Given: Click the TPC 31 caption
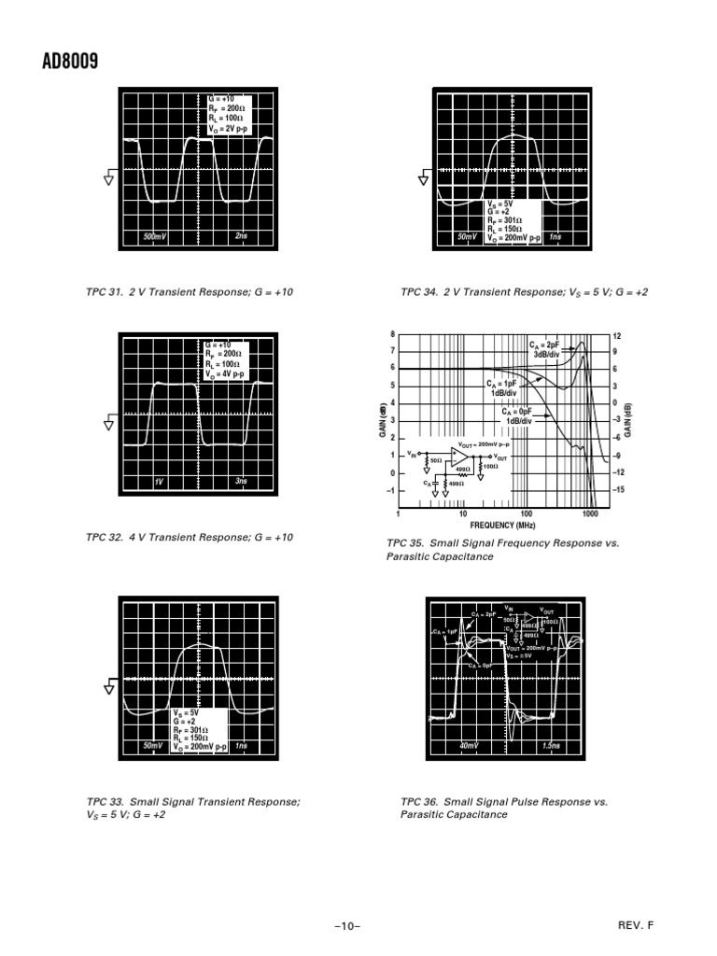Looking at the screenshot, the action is [x=190, y=292].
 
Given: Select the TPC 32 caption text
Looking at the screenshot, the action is [x=190, y=538].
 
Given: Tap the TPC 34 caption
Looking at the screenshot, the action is [x=524, y=292].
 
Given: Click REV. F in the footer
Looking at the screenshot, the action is [x=636, y=925].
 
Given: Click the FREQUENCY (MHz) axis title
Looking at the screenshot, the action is [x=503, y=526].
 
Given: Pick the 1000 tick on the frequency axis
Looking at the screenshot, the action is [x=590, y=514].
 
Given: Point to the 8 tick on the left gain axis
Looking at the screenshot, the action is [x=393, y=333].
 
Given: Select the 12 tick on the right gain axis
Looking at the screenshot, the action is [x=617, y=335].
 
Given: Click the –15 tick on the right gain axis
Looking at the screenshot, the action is [x=619, y=489].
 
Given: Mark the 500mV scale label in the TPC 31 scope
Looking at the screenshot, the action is [x=154, y=237].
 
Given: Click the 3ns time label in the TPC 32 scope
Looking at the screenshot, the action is [x=241, y=481].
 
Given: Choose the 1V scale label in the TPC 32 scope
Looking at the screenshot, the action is [x=159, y=482].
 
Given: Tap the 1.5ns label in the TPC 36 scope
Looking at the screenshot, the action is [x=551, y=746].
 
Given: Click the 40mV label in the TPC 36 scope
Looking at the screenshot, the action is [x=469, y=746].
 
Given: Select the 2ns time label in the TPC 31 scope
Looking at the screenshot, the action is [x=242, y=237].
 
